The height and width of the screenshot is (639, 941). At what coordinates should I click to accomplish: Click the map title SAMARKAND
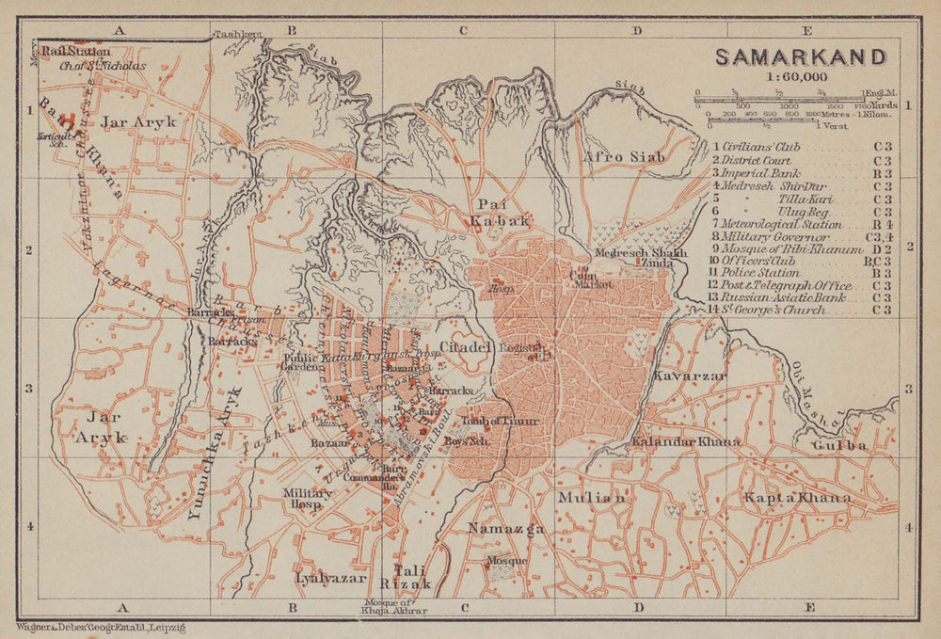(800, 56)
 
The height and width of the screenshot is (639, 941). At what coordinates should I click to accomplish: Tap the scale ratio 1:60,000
(796, 77)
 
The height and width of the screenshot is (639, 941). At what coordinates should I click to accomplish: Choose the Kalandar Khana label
(686, 441)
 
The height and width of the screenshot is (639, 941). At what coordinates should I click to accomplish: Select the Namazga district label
(506, 529)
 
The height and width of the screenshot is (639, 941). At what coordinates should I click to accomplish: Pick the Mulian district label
(590, 497)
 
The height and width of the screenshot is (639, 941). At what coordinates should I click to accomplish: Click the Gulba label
(840, 444)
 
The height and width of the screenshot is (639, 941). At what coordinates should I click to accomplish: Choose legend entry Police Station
(760, 272)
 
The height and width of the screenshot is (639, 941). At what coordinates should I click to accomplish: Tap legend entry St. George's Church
(767, 309)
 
